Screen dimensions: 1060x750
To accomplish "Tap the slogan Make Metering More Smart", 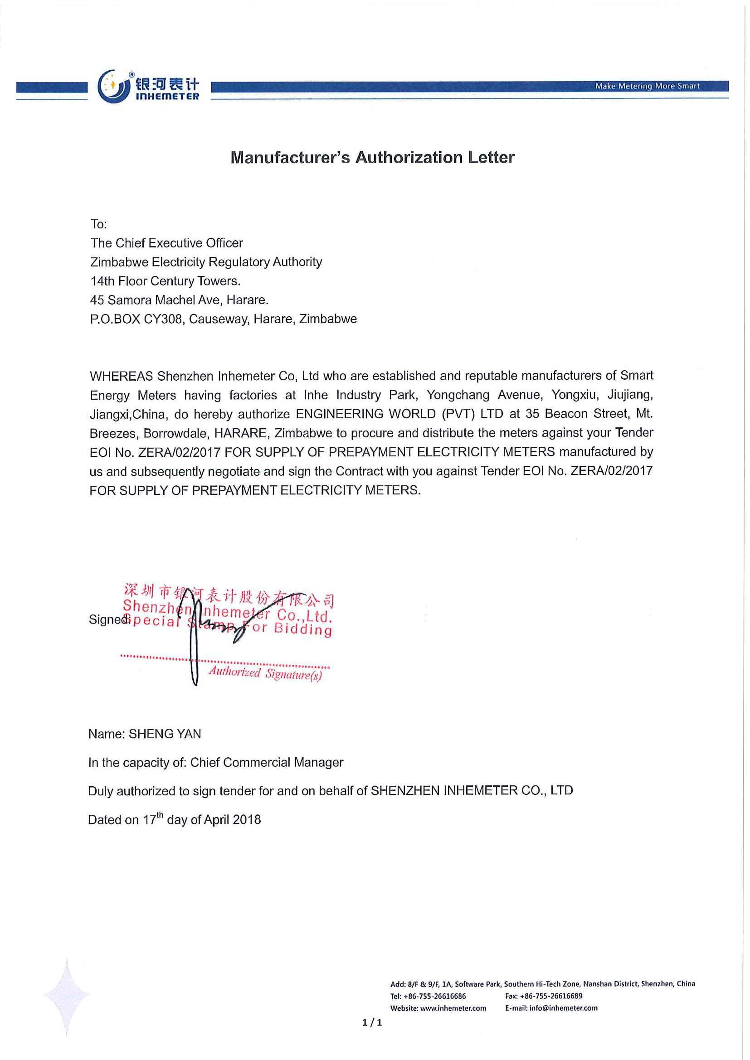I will pos(647,86).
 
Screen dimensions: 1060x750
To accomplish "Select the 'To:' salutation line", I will pos(98,224).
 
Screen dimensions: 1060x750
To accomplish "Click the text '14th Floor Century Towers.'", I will pos(166,281).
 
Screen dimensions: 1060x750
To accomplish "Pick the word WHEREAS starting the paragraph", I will pos(121,376).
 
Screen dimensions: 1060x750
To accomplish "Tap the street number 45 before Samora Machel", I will pos(97,300).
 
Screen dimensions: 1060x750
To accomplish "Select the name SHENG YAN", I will pos(165,734).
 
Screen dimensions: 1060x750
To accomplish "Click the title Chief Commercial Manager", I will pos(267,762).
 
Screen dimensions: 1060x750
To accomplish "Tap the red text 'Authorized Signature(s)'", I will pos(265,673).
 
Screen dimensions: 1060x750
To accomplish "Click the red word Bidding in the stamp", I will pos(303,629).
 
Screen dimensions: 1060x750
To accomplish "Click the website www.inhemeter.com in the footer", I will pos(453,1008).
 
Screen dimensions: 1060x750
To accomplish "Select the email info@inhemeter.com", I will pos(564,1008).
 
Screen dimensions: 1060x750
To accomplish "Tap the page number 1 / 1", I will pos(372,1022).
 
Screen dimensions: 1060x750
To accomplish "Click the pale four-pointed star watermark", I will pos(67,997).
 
